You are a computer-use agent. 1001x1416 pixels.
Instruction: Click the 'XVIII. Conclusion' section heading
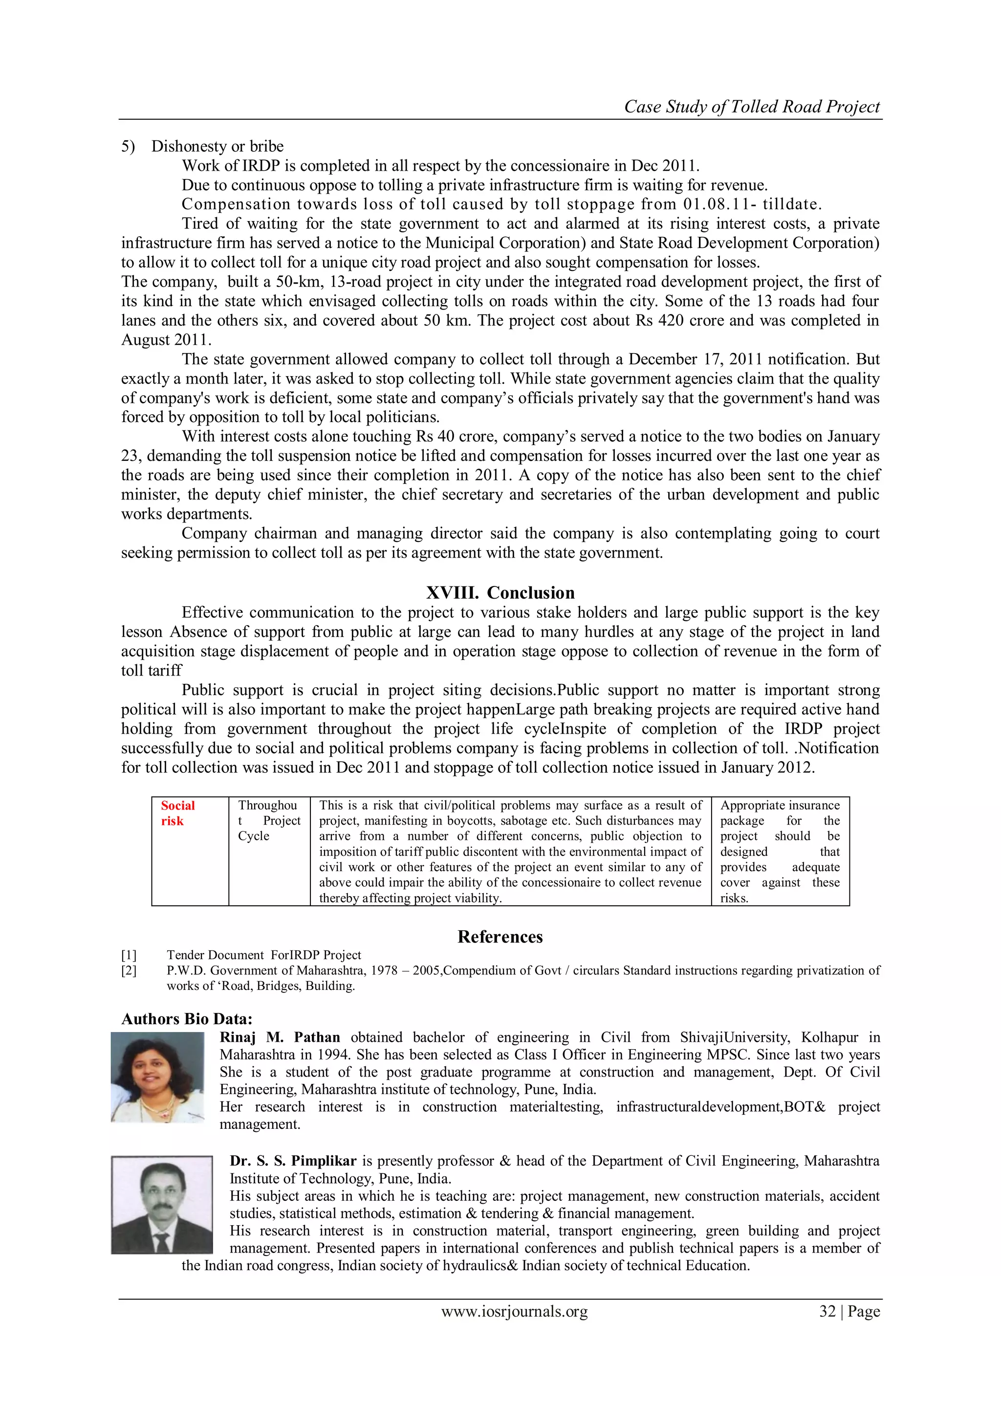(500, 593)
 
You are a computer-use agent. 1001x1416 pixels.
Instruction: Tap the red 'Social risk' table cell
(177, 813)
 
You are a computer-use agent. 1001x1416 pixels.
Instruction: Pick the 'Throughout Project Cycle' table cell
(269, 821)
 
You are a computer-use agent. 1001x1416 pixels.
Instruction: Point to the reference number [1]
(129, 955)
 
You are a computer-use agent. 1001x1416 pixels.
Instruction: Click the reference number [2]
(129, 971)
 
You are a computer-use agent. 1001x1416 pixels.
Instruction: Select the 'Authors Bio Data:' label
(187, 1019)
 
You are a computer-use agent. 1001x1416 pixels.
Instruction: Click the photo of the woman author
(157, 1077)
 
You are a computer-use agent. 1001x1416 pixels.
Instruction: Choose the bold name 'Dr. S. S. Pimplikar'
(293, 1161)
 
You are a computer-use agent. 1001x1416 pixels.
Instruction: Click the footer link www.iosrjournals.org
(514, 1311)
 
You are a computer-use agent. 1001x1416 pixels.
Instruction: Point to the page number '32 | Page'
(849, 1311)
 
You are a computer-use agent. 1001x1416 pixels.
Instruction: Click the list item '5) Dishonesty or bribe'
(202, 146)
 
